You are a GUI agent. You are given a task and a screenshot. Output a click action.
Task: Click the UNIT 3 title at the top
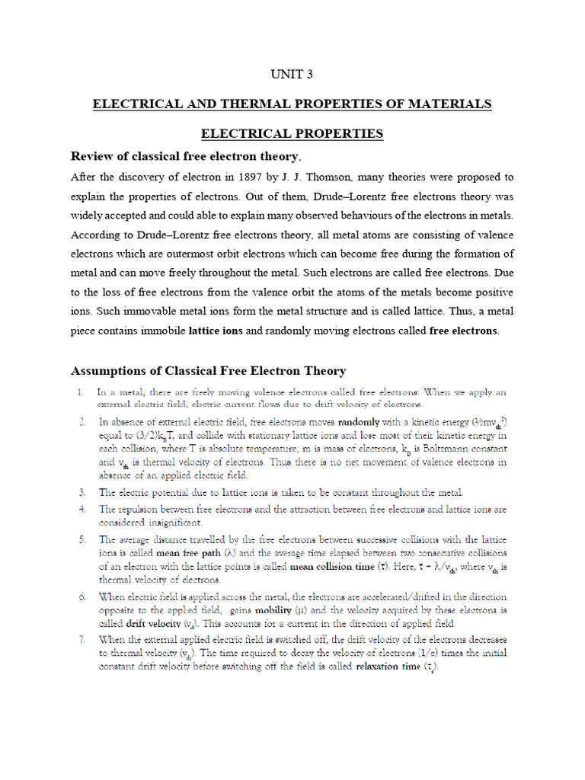(292, 74)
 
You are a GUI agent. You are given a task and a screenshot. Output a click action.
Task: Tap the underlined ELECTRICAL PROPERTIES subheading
(292, 133)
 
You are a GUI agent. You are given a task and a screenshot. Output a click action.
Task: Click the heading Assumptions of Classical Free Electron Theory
(208, 371)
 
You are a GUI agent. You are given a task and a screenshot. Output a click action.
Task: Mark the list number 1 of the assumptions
(80, 392)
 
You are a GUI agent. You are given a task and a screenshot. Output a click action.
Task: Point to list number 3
(81, 492)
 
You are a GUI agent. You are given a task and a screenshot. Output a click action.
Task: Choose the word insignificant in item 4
(170, 523)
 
